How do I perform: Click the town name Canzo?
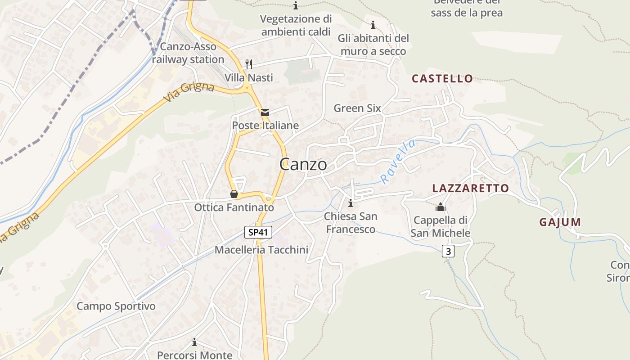tap(303, 164)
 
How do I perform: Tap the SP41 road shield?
tap(259, 232)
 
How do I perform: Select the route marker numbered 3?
tap(448, 251)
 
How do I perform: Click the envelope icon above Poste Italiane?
tap(265, 112)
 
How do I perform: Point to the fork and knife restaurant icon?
tap(249, 64)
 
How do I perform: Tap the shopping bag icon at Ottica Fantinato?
tap(234, 194)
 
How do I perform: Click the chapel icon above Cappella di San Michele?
tap(440, 207)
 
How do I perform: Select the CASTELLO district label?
tap(442, 79)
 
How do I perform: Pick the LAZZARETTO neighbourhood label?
tap(470, 188)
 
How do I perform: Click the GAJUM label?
tap(560, 222)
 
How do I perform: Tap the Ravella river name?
tap(397, 162)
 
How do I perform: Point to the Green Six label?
tap(357, 108)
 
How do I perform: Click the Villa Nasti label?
tap(249, 77)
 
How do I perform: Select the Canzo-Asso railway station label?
tap(188, 53)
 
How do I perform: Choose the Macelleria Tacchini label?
tap(261, 250)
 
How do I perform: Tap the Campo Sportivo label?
tap(116, 306)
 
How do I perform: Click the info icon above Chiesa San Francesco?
tap(351, 203)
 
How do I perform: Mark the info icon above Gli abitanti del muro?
tap(373, 25)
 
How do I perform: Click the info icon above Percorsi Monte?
tap(194, 342)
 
